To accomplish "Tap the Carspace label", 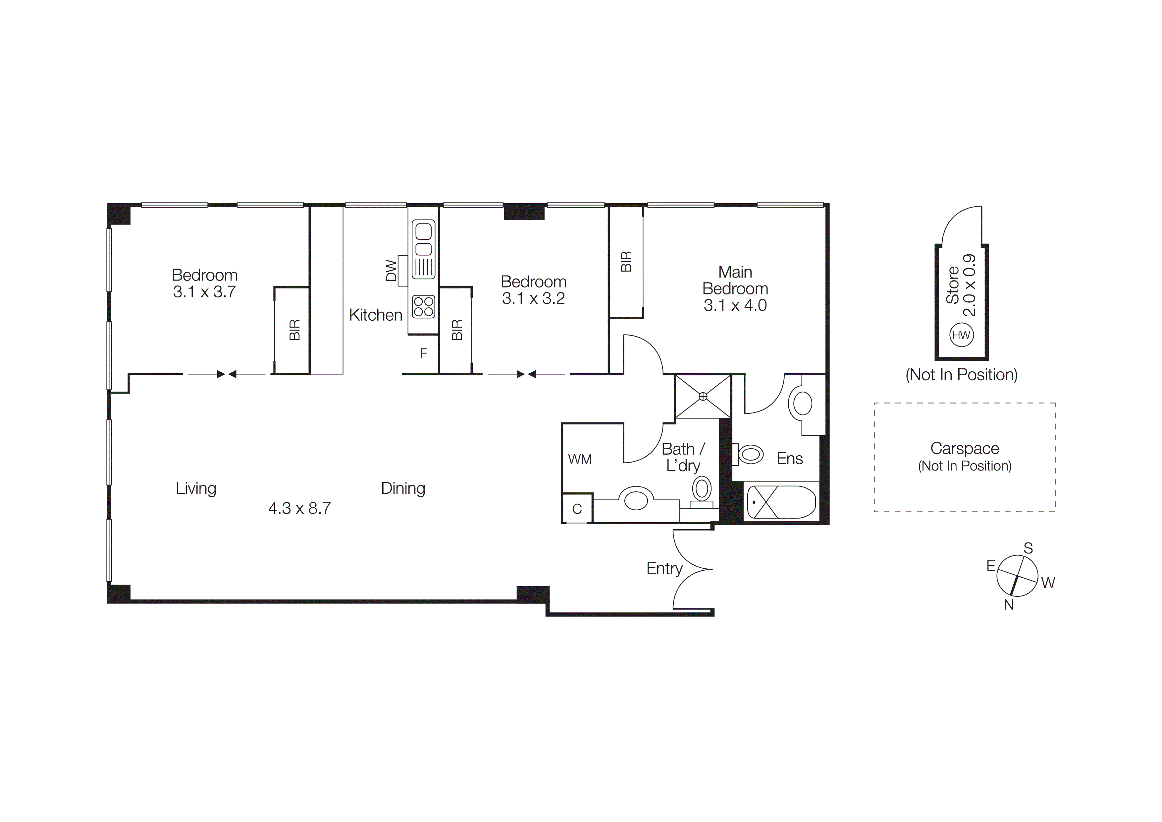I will (x=964, y=448).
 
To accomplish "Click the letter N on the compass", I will (x=1009, y=605).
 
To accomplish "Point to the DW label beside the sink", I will (x=391, y=271).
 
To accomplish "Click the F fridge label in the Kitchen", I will (x=424, y=353).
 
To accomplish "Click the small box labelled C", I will (x=577, y=509).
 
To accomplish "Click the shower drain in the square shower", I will (x=703, y=397).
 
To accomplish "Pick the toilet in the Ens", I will (x=750, y=454).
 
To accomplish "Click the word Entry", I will (x=664, y=568).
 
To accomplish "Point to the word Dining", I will (x=403, y=488).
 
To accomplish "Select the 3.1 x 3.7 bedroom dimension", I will (x=204, y=292).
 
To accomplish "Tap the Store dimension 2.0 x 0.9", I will (x=969, y=285).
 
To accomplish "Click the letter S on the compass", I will (x=1028, y=548).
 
